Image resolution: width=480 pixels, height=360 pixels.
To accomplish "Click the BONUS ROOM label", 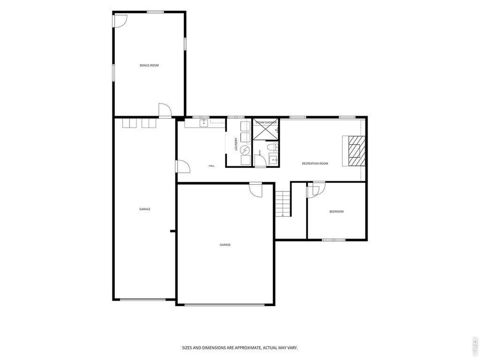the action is point(149,65).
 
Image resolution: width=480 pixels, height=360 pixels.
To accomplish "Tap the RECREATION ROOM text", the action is point(315,163).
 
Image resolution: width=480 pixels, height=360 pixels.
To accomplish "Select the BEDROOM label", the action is point(336,211).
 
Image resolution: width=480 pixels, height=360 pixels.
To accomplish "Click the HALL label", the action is point(211,166).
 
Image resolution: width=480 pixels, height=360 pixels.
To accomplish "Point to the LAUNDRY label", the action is point(236,144).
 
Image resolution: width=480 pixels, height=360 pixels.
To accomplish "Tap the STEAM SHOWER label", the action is point(266,123).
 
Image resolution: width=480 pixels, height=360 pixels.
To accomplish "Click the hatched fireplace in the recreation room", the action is point(357,151).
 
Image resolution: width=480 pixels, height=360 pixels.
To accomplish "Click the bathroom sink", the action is point(273,160).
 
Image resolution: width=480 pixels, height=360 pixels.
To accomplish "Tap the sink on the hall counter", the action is point(204,123).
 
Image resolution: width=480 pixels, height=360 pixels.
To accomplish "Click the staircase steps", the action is point(283,204).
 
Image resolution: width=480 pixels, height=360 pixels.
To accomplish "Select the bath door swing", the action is point(260,160).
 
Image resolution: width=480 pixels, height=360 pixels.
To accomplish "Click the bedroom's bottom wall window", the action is point(333,240).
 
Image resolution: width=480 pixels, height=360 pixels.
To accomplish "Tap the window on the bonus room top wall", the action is point(155,12).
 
